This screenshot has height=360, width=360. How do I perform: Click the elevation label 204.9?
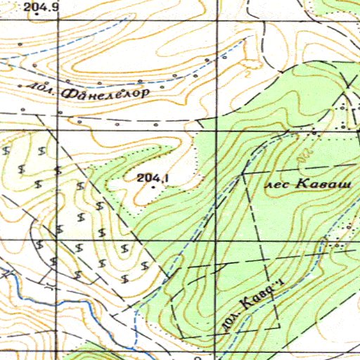pyautogui.click(x=41, y=6)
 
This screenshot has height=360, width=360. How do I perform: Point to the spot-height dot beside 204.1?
pyautogui.click(x=153, y=188)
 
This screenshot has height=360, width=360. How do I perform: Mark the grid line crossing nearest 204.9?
pyautogui.click(x=58, y=21)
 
